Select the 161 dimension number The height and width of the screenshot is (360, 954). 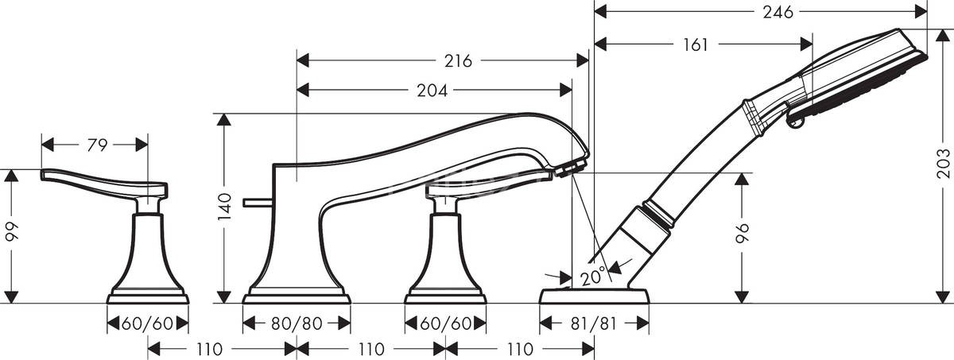tap(695, 45)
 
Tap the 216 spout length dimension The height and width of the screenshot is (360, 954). tap(460, 60)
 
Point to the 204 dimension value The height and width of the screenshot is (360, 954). tap(432, 91)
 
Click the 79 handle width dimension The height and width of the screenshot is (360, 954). tap(96, 145)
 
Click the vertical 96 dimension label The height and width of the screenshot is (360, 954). tap(743, 233)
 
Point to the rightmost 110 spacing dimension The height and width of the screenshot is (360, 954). tap(520, 349)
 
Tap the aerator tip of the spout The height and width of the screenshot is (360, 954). tap(571, 168)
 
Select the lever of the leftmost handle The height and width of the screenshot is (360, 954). tap(95, 180)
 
